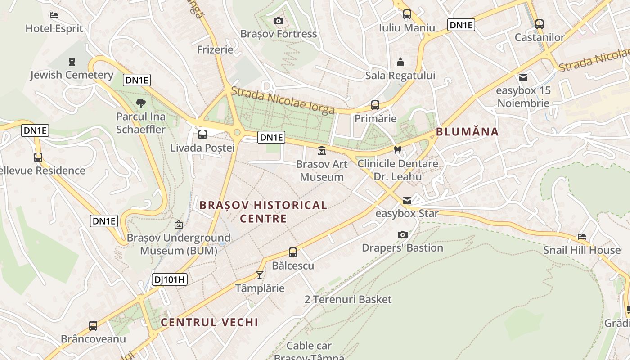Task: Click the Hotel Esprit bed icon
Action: [54, 15]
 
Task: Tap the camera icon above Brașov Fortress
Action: [279, 21]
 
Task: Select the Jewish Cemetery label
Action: [72, 75]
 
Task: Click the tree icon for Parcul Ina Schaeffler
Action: [141, 103]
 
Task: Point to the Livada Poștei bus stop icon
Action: [202, 134]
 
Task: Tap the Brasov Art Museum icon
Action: [322, 151]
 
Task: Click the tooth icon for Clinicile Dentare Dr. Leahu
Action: [397, 150]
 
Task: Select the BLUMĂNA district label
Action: [467, 132]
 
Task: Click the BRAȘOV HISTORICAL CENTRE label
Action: [263, 212]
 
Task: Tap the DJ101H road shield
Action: [169, 279]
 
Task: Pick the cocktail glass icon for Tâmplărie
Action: [260, 274]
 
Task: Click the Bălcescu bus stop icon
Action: [293, 252]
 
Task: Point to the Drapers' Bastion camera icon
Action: [403, 234]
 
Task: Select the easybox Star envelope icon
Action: [407, 200]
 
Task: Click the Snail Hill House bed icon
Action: [582, 237]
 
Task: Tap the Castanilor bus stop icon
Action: [539, 24]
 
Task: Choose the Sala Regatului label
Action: [400, 75]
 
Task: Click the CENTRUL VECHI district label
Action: [209, 322]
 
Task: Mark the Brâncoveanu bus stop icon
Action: [93, 325]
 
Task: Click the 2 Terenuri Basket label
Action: [348, 299]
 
